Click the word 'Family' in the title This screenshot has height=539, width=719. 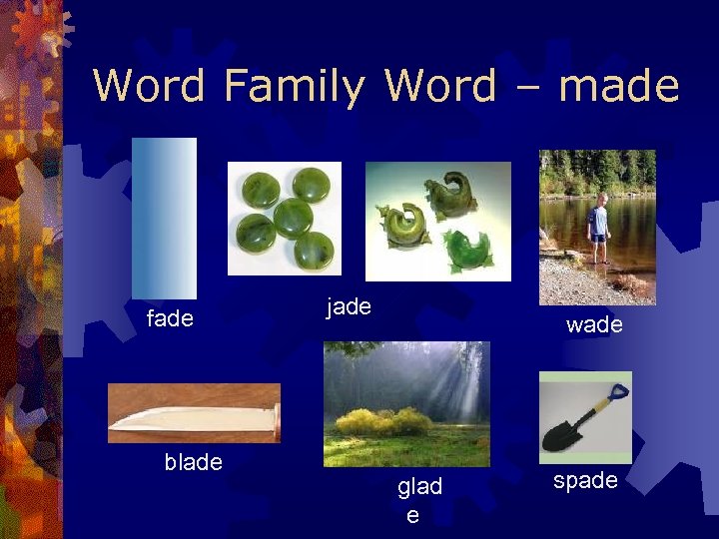pos(294,86)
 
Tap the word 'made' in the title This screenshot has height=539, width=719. pos(619,86)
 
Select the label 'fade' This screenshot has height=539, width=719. pos(170,319)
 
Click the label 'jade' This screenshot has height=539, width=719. pos(349,306)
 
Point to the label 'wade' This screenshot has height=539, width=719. pos(594,324)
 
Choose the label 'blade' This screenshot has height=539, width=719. pos(193,461)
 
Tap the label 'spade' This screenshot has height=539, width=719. pos(585,480)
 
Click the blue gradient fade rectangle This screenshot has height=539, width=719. pos(164,217)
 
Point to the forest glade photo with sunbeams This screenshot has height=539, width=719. pos(406,403)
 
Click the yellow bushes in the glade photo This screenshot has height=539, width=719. pos(384,421)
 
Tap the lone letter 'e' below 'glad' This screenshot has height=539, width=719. pos(411,515)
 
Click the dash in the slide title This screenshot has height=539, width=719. pos(526,88)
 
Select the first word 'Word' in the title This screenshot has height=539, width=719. pos(149,86)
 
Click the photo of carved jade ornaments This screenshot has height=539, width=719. pos(437,221)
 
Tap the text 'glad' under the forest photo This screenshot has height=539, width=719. pos(419,487)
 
